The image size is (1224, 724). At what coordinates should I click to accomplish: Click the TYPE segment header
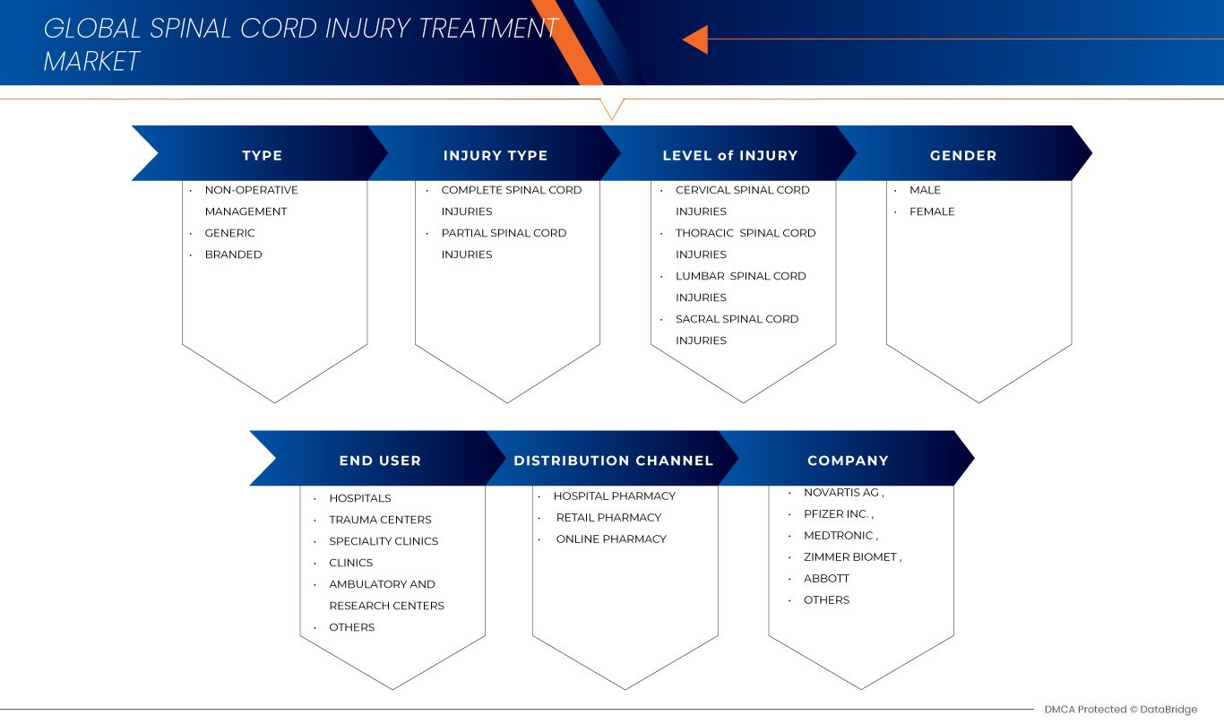click(x=262, y=155)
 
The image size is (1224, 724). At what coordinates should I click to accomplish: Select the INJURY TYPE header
click(x=495, y=155)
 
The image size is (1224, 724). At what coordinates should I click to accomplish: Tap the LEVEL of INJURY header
click(x=729, y=155)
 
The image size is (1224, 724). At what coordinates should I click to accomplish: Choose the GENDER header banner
click(x=963, y=155)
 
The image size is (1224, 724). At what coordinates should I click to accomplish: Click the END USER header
click(x=380, y=461)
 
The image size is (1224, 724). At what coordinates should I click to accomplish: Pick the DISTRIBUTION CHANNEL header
click(x=613, y=461)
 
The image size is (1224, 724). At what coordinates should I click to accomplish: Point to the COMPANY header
click(x=848, y=461)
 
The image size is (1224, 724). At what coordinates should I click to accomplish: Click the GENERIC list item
click(x=229, y=233)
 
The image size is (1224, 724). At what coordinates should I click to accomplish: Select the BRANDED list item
click(x=233, y=254)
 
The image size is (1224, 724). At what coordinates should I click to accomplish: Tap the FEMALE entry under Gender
click(x=932, y=211)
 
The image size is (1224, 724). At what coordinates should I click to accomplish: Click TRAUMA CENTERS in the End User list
click(x=380, y=520)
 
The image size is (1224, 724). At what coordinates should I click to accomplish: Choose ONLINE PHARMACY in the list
click(x=611, y=539)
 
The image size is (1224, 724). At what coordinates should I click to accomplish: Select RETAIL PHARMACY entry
click(x=608, y=517)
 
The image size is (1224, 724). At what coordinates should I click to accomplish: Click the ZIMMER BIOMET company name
click(x=851, y=556)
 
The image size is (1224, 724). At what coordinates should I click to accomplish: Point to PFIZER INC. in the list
click(x=838, y=513)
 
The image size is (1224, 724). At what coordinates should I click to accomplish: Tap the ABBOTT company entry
click(x=826, y=578)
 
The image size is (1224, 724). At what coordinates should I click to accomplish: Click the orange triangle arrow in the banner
click(x=695, y=39)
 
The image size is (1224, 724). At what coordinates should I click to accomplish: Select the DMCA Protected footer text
click(x=1120, y=709)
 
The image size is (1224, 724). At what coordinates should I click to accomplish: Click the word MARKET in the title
click(x=92, y=61)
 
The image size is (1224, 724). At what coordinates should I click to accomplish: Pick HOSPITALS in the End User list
click(x=359, y=498)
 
